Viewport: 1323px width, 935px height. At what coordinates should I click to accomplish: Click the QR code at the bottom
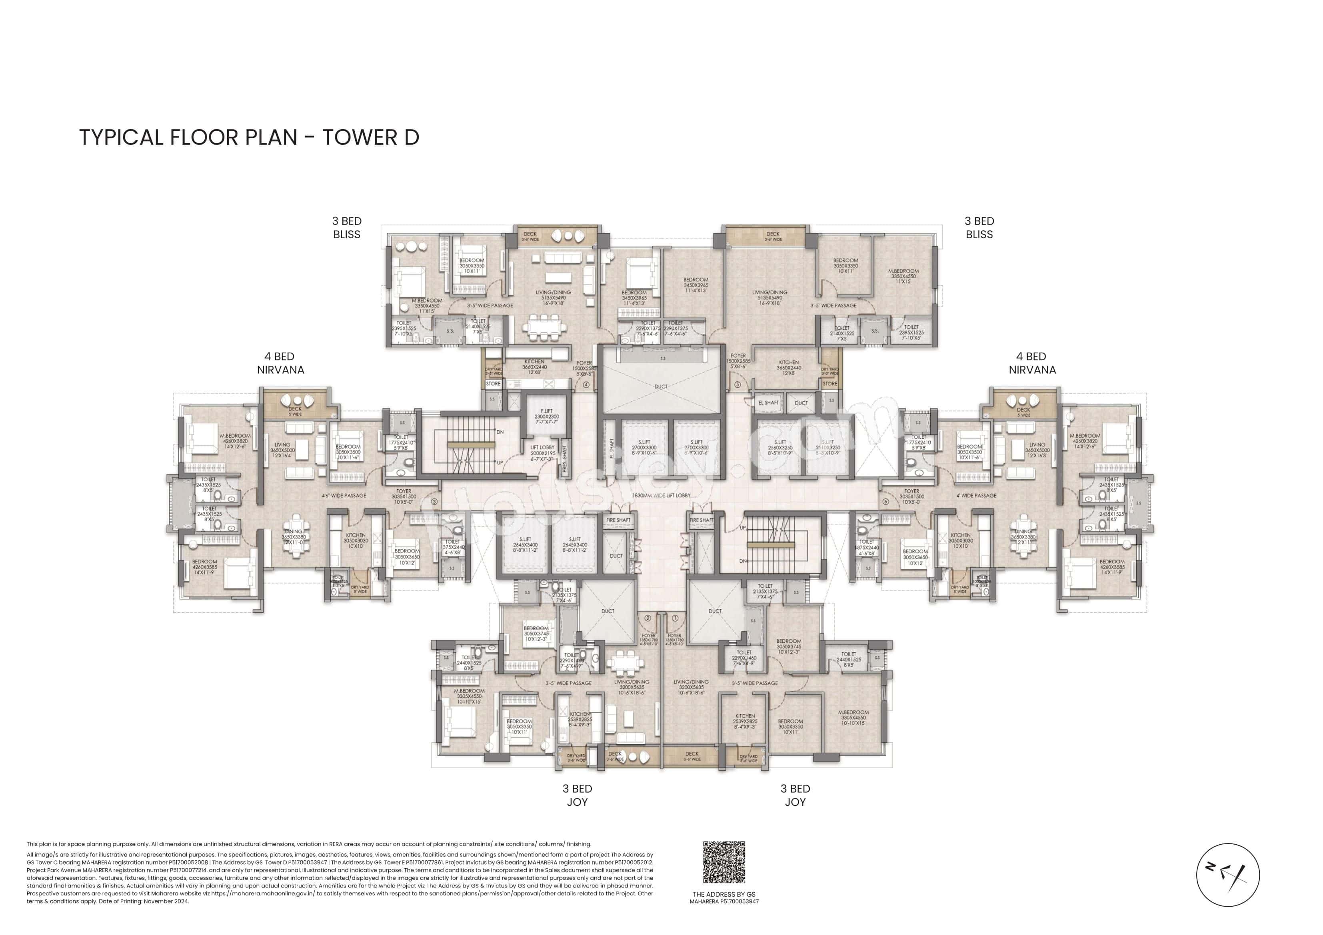724,862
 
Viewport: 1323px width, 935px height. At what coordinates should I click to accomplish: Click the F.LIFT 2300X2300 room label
546,417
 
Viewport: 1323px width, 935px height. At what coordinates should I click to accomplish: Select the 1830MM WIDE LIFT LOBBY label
661,495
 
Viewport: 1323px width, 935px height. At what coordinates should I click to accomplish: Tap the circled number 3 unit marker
434,502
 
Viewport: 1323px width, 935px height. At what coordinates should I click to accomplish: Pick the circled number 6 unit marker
885,502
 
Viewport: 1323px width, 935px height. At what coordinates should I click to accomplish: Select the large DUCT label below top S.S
661,387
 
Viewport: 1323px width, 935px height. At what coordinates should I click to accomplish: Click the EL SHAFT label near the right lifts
768,403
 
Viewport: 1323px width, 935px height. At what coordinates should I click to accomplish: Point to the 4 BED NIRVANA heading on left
281,363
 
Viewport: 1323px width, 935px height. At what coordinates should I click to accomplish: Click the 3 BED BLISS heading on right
979,227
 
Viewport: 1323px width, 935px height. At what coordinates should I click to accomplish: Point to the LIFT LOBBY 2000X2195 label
542,453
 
